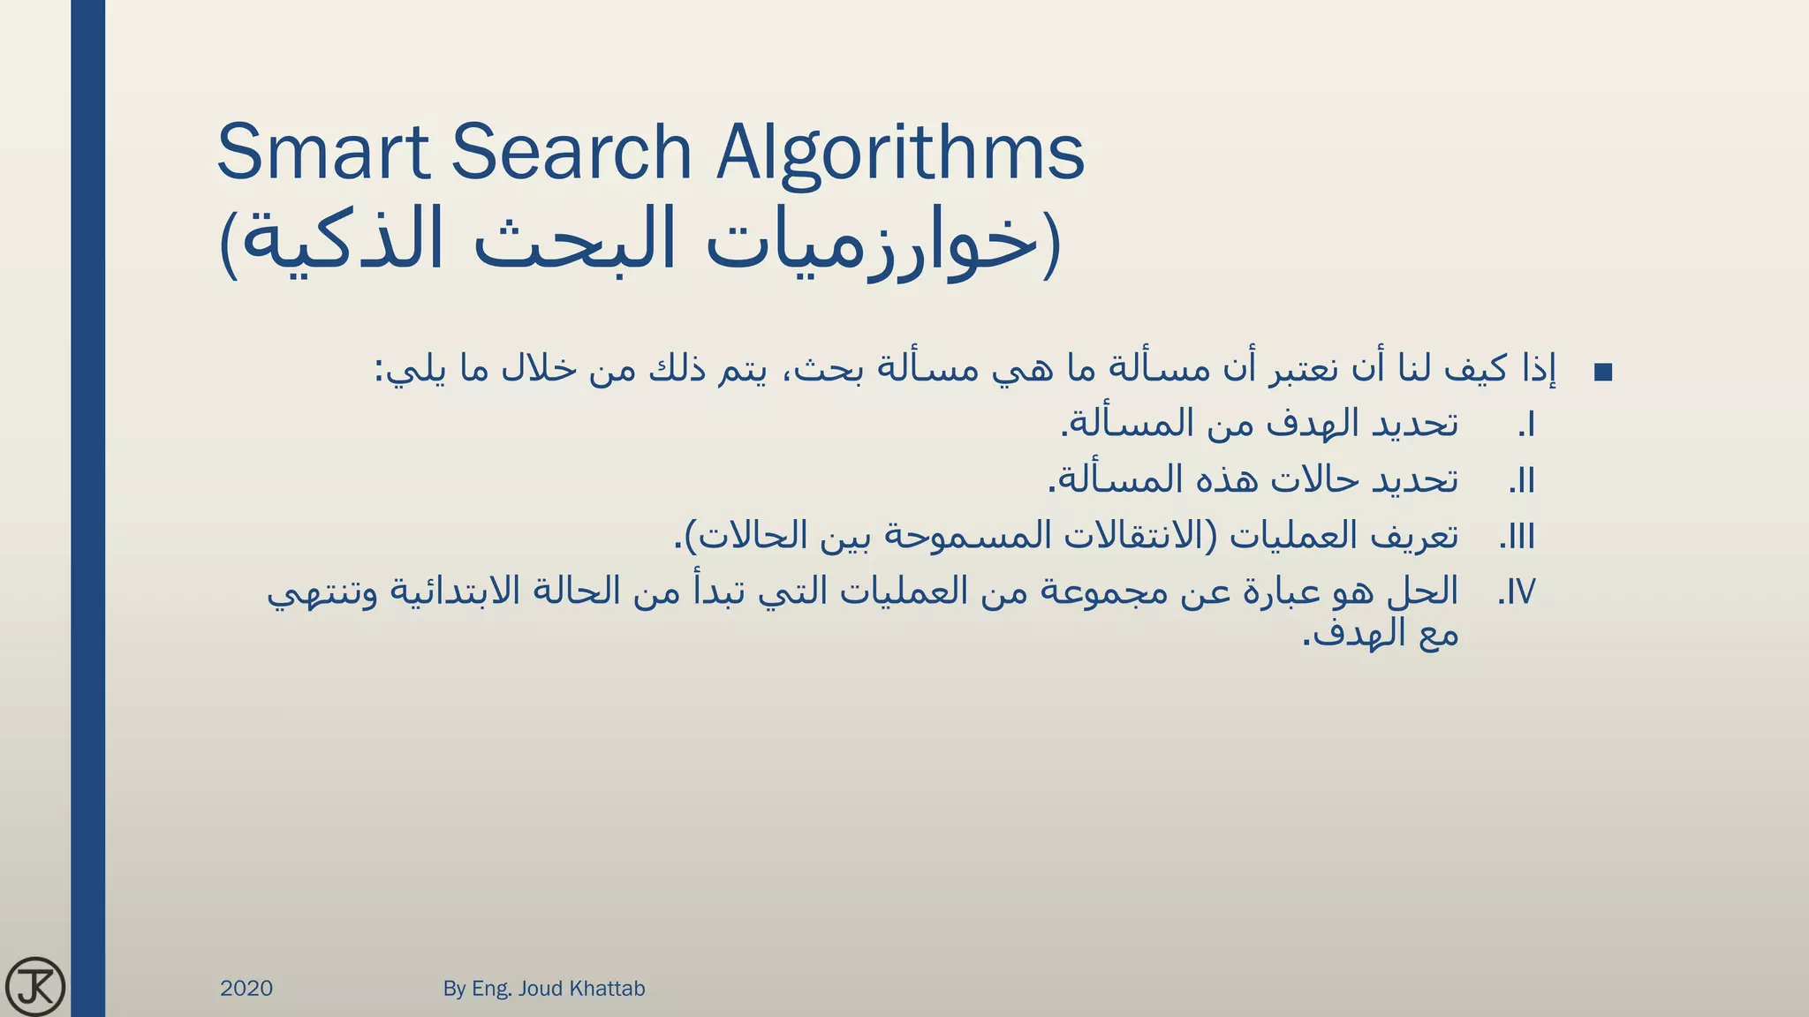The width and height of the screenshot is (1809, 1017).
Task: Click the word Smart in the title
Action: (x=323, y=152)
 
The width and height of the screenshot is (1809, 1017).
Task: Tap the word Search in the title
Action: (x=571, y=152)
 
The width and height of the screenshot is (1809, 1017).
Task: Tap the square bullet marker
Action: (x=1603, y=373)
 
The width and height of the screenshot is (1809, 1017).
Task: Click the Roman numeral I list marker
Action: (x=1526, y=426)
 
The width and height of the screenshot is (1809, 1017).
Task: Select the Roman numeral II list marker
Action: (x=1521, y=481)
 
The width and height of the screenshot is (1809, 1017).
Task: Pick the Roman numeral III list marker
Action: (x=1518, y=537)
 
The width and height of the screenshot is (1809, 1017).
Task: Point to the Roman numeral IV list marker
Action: (x=1517, y=592)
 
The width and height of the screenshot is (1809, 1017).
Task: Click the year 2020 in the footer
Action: (x=246, y=989)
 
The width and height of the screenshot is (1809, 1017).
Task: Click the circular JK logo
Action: (x=35, y=986)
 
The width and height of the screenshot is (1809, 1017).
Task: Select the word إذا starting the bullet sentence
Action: (x=1538, y=369)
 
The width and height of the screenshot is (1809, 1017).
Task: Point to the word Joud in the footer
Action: (x=541, y=989)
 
